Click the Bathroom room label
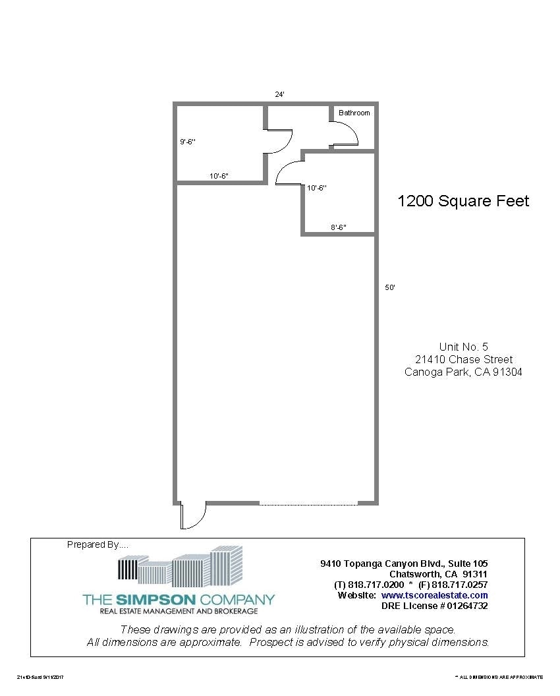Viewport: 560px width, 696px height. pos(354,113)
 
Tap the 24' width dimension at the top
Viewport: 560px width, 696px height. pos(279,94)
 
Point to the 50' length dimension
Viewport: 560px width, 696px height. pos(390,287)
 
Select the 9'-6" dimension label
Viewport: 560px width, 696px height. pos(188,142)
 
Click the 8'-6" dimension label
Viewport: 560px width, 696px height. pos(339,227)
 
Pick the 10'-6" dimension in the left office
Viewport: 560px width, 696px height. pos(219,176)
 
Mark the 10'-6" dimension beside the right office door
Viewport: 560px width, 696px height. pos(317,188)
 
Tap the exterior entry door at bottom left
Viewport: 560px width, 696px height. pos(194,516)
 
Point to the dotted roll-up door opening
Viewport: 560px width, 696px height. pos(308,504)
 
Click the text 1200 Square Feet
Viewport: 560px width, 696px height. pos(463,201)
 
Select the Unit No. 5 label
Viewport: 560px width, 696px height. pos(464,347)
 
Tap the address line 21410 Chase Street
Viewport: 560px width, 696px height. pos(464,359)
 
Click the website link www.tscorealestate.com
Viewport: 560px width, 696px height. pos(434,595)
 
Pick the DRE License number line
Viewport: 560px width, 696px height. pos(434,606)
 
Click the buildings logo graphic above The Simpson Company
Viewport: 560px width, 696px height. pos(179,567)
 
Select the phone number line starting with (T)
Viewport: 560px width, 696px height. pos(411,585)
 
